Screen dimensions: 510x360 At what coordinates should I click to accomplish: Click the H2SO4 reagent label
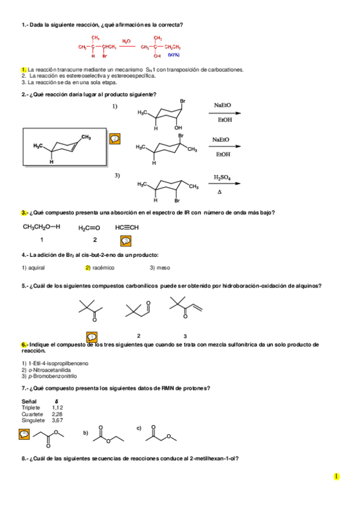tap(222, 178)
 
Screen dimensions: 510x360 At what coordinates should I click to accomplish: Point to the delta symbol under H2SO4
tap(220, 191)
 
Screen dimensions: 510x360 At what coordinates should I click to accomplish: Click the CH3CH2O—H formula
tap(41, 227)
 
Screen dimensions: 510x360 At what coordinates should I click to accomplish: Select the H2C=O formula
tap(89, 227)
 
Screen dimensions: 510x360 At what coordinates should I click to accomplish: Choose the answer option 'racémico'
tap(103, 268)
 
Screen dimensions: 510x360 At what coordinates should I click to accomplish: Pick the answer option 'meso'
tap(160, 268)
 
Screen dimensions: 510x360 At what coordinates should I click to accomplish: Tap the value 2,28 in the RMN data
tap(57, 414)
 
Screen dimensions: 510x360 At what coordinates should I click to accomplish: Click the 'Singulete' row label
tap(34, 420)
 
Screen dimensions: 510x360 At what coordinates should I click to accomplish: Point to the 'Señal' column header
tap(29, 401)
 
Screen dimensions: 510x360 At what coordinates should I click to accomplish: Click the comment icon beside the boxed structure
tap(115, 139)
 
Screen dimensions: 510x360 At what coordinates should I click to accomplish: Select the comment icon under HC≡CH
tap(125, 241)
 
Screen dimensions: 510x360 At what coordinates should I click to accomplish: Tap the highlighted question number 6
tap(24, 345)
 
